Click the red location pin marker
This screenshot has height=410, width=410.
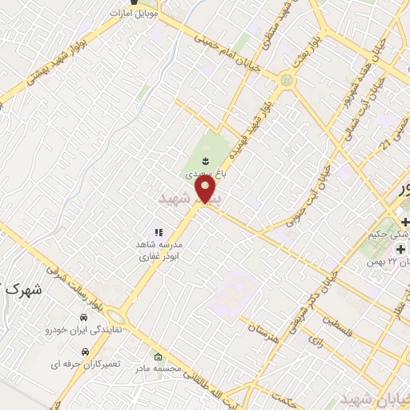tap(207, 190)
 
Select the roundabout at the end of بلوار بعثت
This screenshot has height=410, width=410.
tap(287, 80)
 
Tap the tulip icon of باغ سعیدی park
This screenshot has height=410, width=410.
tap(207, 161)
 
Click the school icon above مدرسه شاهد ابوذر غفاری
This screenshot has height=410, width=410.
tap(158, 231)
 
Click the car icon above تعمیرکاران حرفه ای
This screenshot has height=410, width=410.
tap(85, 351)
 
